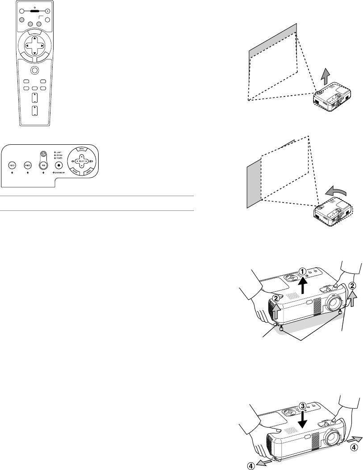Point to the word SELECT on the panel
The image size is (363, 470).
pos(82,160)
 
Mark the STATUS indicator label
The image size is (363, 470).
pos(58,155)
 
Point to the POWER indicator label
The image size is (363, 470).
pos(58,158)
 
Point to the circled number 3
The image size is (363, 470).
pos(303,406)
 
